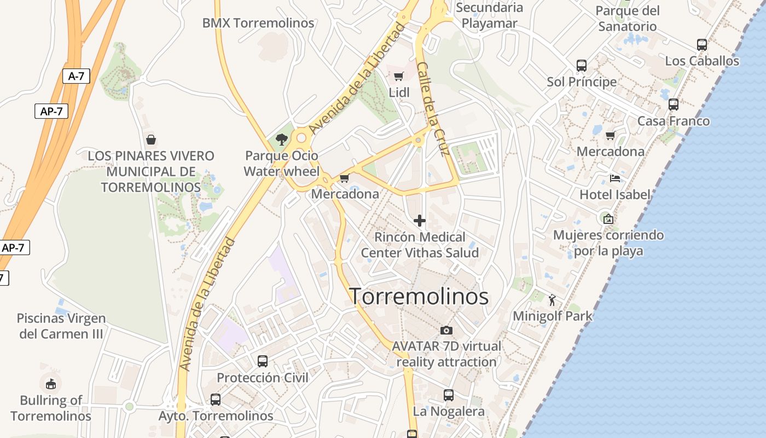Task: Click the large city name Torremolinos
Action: (x=419, y=296)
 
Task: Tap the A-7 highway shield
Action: (x=76, y=76)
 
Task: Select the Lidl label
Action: (x=399, y=93)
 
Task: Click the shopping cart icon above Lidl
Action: (x=399, y=77)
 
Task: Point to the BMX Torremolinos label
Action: (x=258, y=23)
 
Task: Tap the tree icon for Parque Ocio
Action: (x=282, y=140)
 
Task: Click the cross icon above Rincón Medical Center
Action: (x=420, y=221)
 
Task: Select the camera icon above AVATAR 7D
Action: (x=446, y=330)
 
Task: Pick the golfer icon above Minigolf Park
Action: (x=552, y=300)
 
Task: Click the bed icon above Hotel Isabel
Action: (x=615, y=178)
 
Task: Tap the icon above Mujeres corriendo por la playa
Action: (x=608, y=219)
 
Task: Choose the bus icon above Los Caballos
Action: (x=702, y=45)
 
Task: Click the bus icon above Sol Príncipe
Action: (x=582, y=66)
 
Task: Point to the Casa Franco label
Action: (x=674, y=121)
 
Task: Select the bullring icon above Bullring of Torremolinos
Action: (x=51, y=383)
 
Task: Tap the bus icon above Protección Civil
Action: (x=263, y=361)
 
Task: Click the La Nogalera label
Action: (x=449, y=411)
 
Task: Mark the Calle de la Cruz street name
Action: (x=433, y=108)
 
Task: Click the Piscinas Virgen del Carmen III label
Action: (x=61, y=326)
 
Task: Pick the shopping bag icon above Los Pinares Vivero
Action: (x=151, y=140)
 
